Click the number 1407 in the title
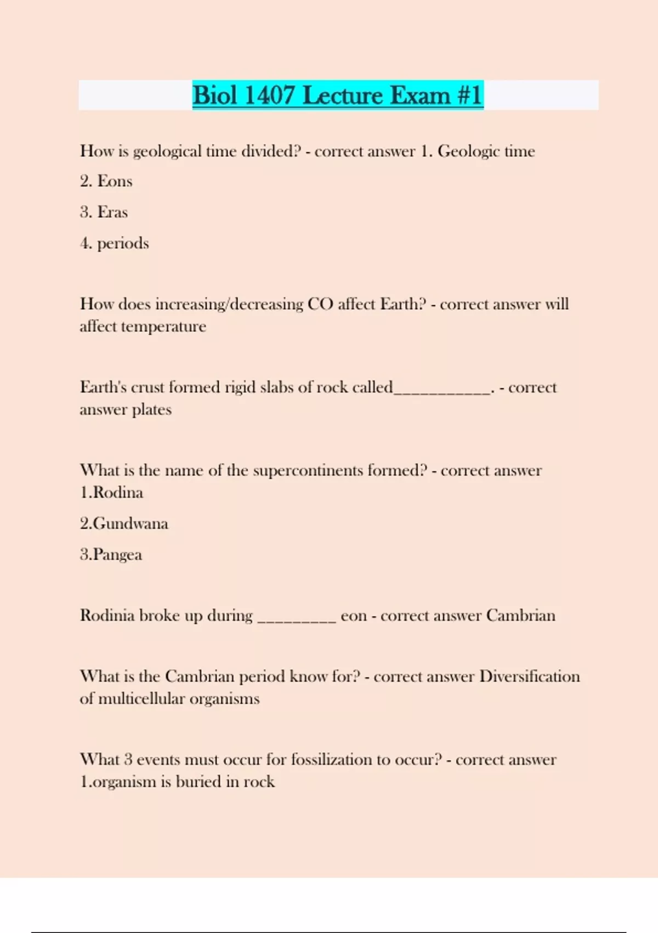pyautogui.click(x=269, y=95)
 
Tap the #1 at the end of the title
pyautogui.click(x=469, y=95)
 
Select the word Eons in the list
pyautogui.click(x=115, y=181)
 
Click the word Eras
pyautogui.click(x=112, y=212)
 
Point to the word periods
pyautogui.click(x=123, y=243)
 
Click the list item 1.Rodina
pyautogui.click(x=111, y=492)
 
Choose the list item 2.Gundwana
pyautogui.click(x=124, y=523)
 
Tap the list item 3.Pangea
pyautogui.click(x=111, y=554)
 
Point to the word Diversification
pyautogui.click(x=529, y=676)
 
